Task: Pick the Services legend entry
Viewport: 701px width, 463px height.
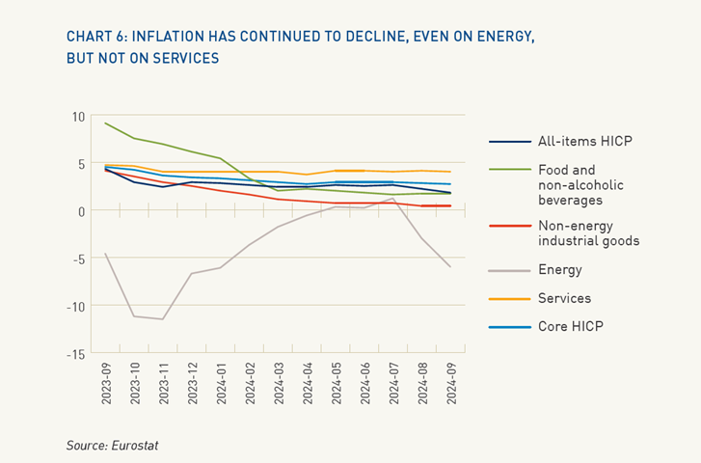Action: pyautogui.click(x=564, y=299)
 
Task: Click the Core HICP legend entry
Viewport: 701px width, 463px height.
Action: pyautogui.click(x=570, y=327)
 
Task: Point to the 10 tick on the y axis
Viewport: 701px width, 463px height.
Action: pyautogui.click(x=79, y=117)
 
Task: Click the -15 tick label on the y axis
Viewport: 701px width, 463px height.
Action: pyautogui.click(x=76, y=354)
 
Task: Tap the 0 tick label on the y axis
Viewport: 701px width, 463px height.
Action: pyautogui.click(x=82, y=211)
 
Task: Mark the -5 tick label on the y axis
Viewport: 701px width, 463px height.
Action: pyautogui.click(x=79, y=259)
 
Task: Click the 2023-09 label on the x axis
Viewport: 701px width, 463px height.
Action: pyautogui.click(x=105, y=385)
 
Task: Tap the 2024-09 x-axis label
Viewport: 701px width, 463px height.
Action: pyautogui.click(x=449, y=385)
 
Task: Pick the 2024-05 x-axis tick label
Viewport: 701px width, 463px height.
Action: pyautogui.click(x=335, y=385)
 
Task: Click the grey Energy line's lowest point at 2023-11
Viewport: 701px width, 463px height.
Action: pyautogui.click(x=163, y=319)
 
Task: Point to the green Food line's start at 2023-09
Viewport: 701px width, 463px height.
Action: pyautogui.click(x=105, y=123)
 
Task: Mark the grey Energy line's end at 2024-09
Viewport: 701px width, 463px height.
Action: pyautogui.click(x=449, y=267)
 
